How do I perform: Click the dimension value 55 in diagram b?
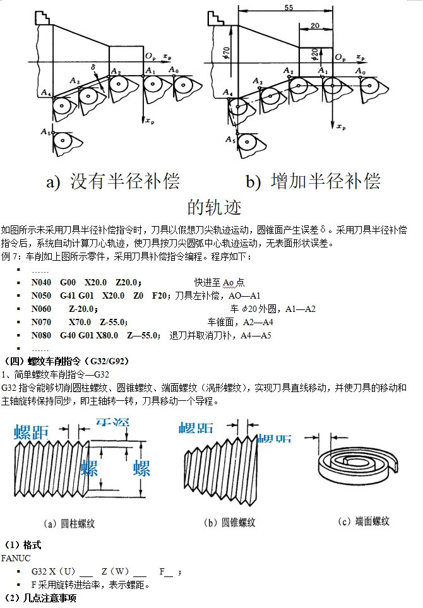(x=289, y=8)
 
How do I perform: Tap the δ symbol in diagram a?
(x=92, y=66)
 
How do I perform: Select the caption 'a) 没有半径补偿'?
(x=113, y=182)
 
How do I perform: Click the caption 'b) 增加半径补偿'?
(x=313, y=182)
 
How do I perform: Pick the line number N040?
(x=42, y=282)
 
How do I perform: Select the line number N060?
(x=42, y=309)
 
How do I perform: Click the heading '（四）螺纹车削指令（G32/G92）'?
(x=66, y=361)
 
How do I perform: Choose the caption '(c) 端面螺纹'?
(x=364, y=522)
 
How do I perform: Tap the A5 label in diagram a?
(x=45, y=132)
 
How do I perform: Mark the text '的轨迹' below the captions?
(x=214, y=206)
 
